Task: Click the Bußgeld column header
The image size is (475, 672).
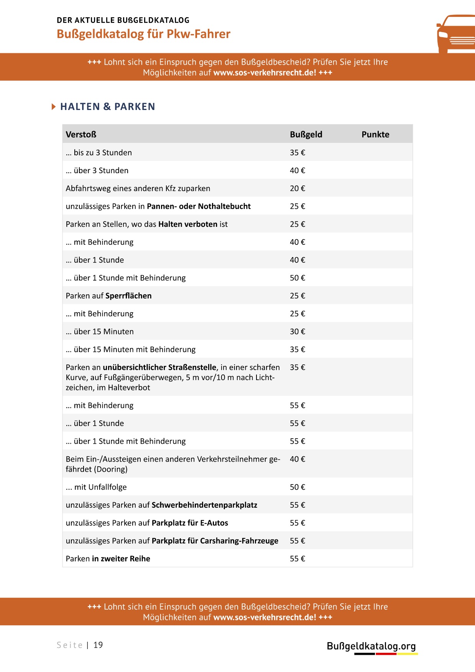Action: [306, 134]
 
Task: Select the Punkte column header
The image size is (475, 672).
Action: [375, 134]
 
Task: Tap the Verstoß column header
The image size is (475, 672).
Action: [81, 134]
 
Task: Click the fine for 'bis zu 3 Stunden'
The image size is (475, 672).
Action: [297, 152]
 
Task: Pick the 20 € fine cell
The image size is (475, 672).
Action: [297, 188]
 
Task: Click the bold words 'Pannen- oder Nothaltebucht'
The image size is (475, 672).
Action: [199, 207]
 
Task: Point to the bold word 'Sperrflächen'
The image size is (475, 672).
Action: [128, 296]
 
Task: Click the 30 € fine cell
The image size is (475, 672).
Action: [297, 332]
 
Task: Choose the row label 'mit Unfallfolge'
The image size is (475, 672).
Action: [100, 487]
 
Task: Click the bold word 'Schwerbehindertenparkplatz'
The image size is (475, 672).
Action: [204, 505]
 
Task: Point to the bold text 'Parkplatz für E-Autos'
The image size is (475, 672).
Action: [190, 523]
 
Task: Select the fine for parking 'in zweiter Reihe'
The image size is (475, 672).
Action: [297, 559]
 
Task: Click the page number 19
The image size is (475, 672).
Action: [98, 645]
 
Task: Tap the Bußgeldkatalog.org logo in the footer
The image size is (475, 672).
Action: [371, 647]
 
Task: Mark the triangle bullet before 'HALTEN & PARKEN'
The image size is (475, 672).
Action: [54, 107]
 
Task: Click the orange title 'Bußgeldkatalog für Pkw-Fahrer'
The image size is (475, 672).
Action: [143, 34]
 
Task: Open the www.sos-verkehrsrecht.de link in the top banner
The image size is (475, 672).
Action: [265, 73]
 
